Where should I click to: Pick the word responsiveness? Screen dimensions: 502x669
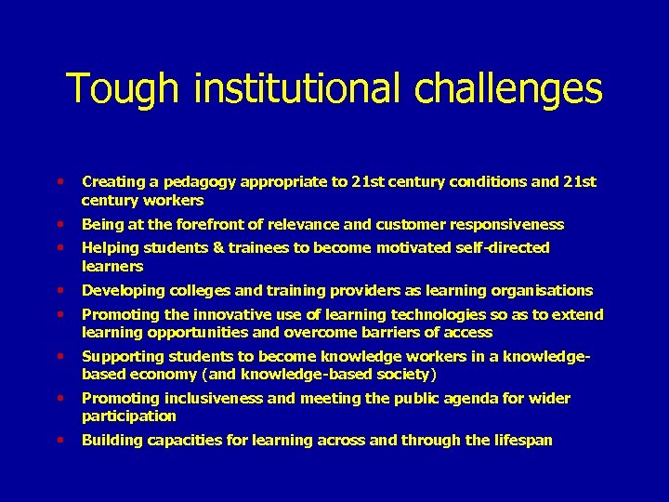pos(507,224)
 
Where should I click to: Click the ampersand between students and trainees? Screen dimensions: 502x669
pos(201,247)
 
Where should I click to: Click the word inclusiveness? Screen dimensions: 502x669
pos(206,398)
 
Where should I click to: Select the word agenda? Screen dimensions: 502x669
pos(451,398)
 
